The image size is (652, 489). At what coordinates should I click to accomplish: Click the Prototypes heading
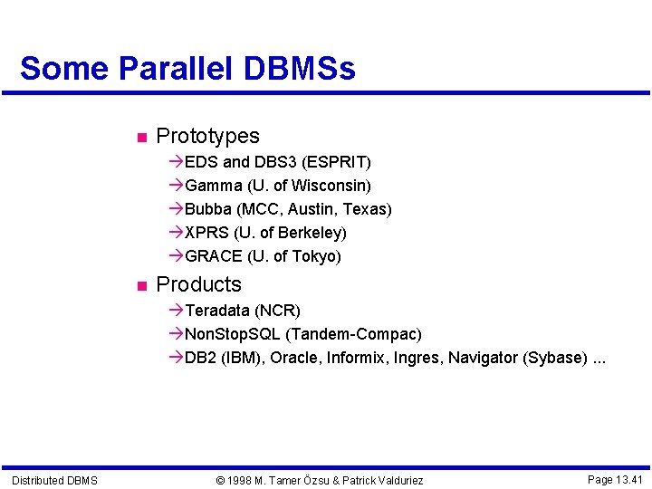click(207, 136)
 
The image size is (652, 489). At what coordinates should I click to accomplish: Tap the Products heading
click(198, 284)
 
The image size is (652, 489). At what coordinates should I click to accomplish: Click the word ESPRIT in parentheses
click(337, 162)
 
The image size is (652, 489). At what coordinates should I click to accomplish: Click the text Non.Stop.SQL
click(233, 334)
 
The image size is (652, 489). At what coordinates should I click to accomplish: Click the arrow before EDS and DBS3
click(176, 162)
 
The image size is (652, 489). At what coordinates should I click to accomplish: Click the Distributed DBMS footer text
click(54, 480)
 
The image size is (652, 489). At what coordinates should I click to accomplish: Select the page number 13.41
click(627, 479)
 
